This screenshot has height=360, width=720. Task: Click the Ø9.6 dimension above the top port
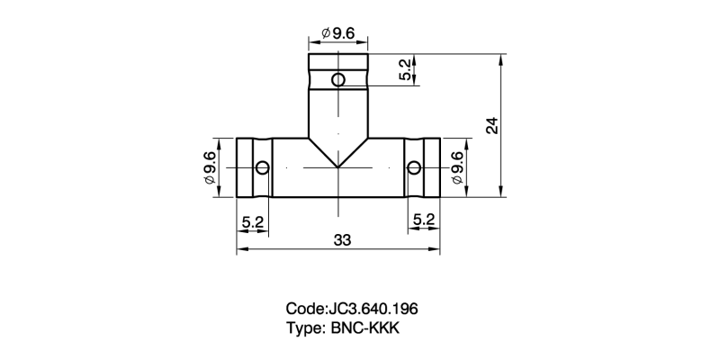(x=338, y=34)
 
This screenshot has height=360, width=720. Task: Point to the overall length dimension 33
(x=341, y=240)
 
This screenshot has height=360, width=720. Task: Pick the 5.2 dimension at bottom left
(x=253, y=220)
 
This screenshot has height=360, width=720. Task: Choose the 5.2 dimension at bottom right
(x=424, y=220)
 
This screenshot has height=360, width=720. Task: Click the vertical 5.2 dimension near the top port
(x=406, y=70)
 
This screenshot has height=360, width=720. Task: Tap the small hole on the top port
(x=337, y=80)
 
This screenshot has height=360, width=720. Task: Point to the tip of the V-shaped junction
(x=337, y=167)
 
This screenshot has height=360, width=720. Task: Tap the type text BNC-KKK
(x=364, y=328)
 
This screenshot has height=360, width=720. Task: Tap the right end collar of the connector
(x=430, y=168)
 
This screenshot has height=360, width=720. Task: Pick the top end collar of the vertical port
(x=337, y=62)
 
